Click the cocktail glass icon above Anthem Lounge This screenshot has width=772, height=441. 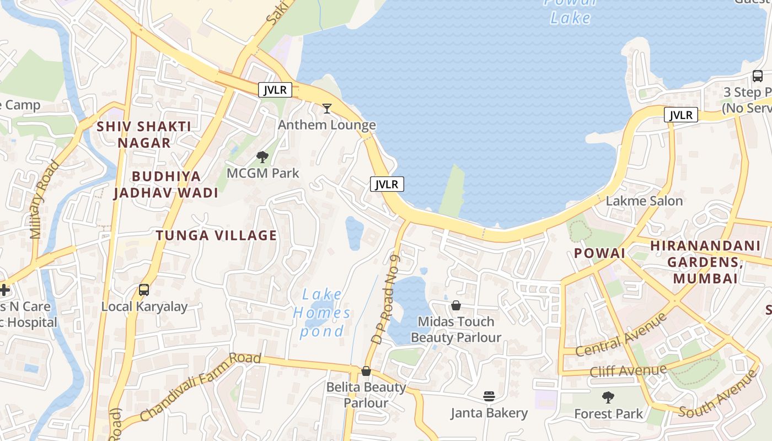[327, 108]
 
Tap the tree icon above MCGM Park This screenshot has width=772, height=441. [262, 157]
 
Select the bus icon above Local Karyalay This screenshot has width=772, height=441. [144, 290]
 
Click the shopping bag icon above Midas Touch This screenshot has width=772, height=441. [456, 305]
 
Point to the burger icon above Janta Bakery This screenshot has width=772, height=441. [489, 396]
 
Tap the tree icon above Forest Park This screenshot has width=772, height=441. [608, 397]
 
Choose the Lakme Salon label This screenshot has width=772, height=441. [644, 201]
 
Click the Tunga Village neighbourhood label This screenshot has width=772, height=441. [216, 235]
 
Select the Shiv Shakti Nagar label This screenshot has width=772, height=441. [144, 135]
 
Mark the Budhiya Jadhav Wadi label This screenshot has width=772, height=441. [166, 184]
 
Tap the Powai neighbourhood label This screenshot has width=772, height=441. [599, 253]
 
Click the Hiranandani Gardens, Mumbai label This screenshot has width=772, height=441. [705, 261]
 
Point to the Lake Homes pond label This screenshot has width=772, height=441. [322, 313]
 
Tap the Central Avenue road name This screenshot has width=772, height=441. [621, 334]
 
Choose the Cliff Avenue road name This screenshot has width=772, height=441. [629, 370]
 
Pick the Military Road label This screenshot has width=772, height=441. [45, 199]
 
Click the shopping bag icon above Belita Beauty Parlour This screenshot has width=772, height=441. [366, 371]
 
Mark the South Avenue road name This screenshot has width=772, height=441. [719, 394]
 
